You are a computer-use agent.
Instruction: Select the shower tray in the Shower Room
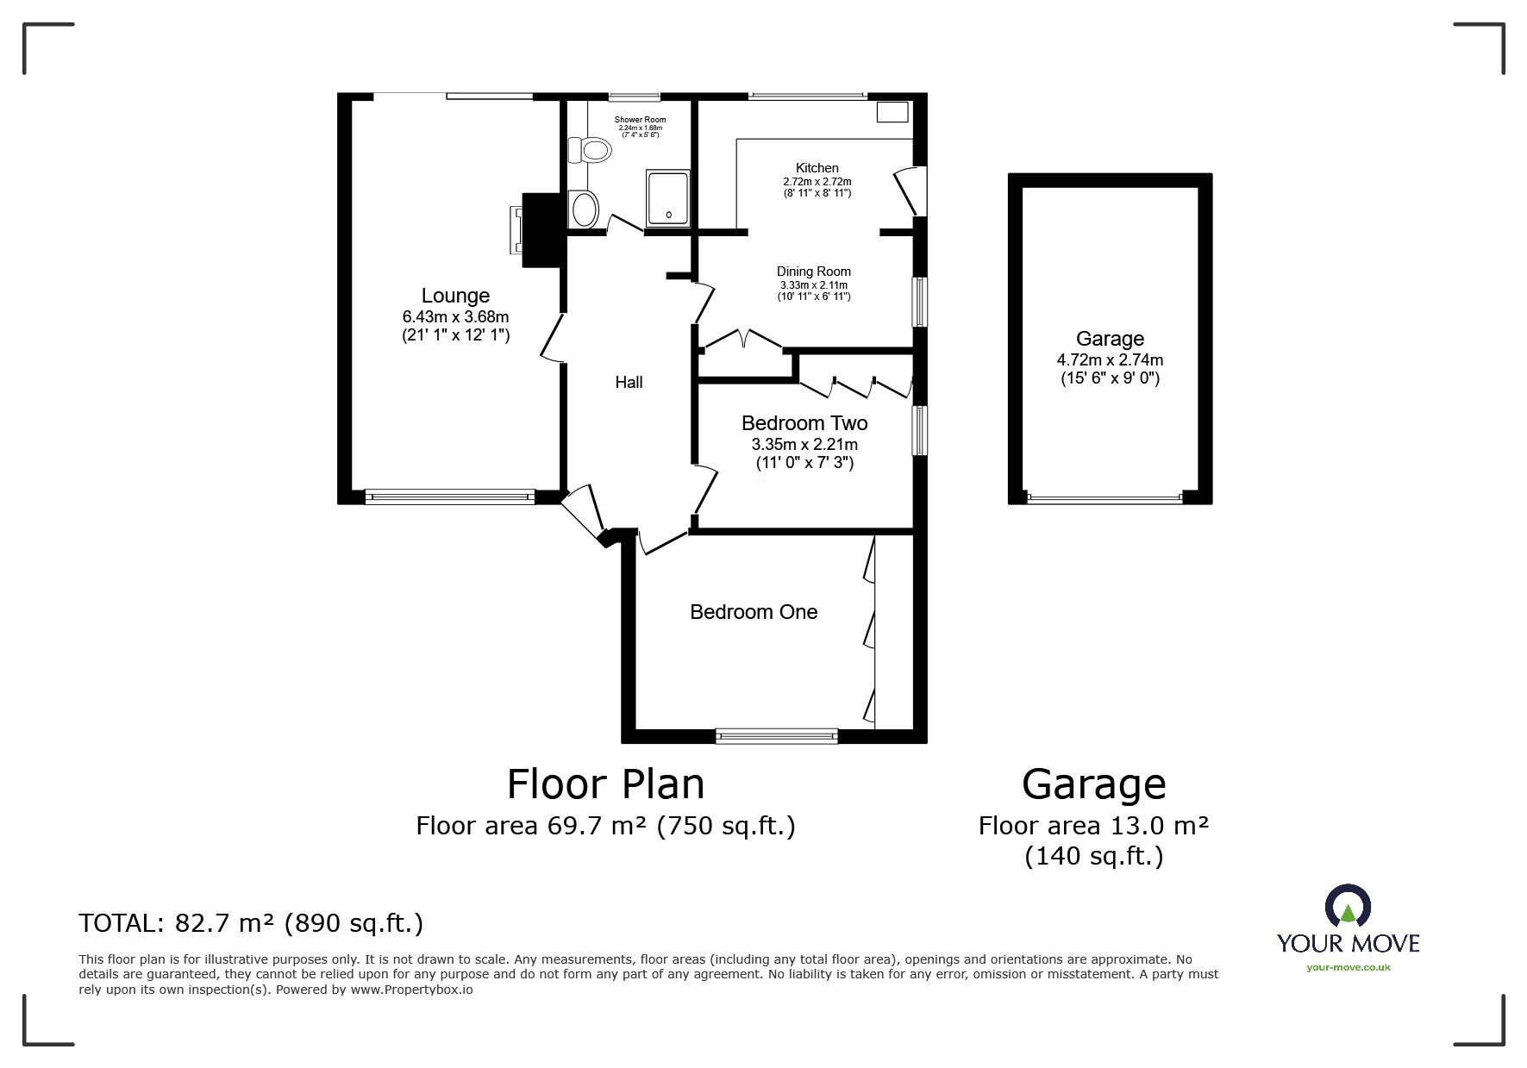[668, 198]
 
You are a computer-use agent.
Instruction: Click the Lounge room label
[455, 296]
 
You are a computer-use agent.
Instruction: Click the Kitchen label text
[817, 168]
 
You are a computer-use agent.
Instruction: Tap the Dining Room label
[814, 272]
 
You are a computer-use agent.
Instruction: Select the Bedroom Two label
[804, 423]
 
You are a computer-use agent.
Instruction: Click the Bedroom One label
[754, 612]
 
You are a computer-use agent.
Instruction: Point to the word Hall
[629, 383]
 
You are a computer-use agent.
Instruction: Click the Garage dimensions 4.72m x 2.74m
[1110, 359]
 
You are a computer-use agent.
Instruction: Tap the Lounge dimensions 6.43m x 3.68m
[455, 316]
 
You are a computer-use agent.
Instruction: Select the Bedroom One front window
[777, 735]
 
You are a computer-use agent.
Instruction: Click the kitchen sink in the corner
[892, 113]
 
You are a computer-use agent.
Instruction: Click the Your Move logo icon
[1348, 908]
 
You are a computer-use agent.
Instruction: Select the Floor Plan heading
[605, 784]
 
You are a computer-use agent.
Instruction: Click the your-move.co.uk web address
[1349, 967]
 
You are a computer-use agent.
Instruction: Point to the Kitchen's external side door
[909, 190]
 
